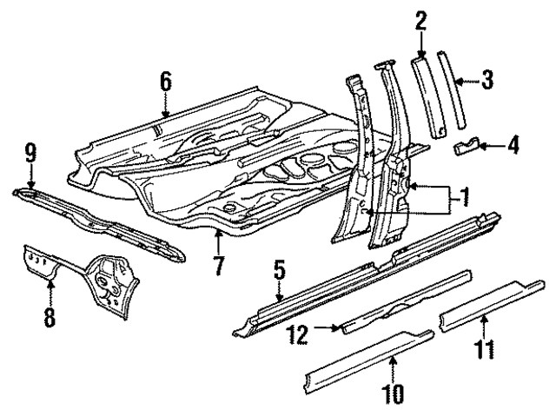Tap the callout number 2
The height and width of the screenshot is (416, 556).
click(x=420, y=18)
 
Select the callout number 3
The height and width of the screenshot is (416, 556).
click(x=487, y=81)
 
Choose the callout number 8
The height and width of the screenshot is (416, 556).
click(x=50, y=316)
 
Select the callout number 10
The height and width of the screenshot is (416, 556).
click(x=393, y=393)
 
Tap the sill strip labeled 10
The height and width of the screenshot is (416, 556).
click(x=369, y=359)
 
